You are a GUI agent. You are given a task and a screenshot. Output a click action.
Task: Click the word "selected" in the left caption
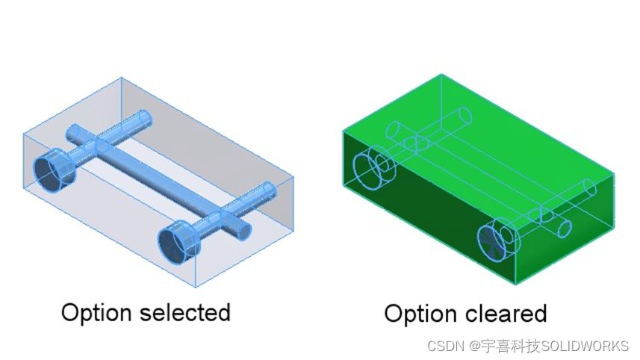(185, 313)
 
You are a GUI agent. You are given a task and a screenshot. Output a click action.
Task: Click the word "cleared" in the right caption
(506, 314)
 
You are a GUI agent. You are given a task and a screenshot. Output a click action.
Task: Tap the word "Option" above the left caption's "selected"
(96, 314)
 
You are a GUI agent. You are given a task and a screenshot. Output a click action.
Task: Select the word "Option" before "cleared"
(420, 314)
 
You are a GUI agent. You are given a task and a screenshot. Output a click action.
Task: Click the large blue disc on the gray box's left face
(54, 172)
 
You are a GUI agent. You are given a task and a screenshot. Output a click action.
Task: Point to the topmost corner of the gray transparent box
(121, 78)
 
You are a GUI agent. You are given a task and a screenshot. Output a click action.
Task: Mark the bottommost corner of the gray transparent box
(195, 287)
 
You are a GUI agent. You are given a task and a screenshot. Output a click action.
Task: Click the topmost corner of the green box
(441, 74)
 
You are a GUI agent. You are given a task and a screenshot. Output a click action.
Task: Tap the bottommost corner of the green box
(515, 284)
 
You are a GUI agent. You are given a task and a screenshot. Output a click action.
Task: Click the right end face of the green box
(565, 229)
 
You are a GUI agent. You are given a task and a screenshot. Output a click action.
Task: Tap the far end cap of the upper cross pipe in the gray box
(145, 119)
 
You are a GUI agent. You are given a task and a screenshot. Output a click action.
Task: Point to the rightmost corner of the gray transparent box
(293, 177)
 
